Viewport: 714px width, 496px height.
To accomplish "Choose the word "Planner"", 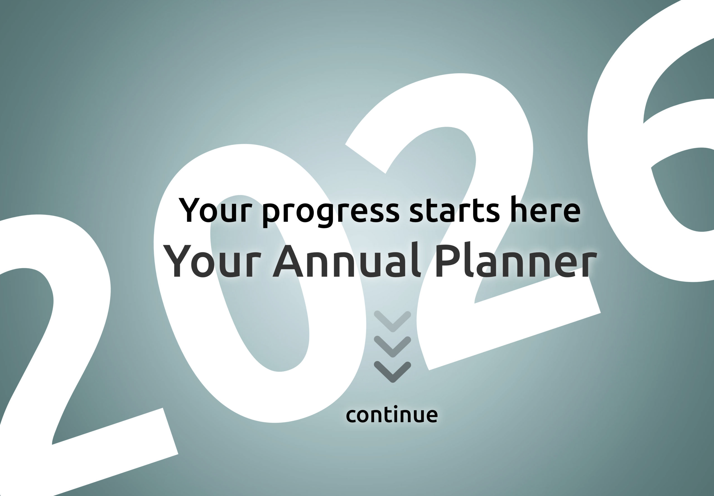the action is coord(516,261).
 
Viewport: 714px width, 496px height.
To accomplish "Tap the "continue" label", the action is coord(392,414).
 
